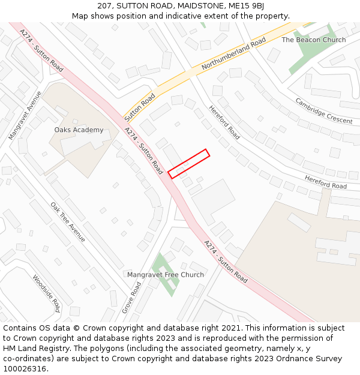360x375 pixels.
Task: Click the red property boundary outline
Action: [x=188, y=164]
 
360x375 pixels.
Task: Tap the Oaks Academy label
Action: [x=79, y=130]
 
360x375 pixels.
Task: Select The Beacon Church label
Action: [x=313, y=40]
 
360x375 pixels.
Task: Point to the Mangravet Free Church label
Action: [x=165, y=275]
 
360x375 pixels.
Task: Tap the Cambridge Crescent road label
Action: [x=323, y=111]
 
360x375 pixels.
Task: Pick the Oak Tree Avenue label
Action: [x=68, y=222]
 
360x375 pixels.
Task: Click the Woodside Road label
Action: [x=46, y=294]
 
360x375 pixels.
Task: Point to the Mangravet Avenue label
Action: [x=25, y=116]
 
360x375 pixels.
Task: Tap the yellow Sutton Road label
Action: [x=140, y=104]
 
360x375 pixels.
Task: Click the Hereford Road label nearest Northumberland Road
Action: [x=224, y=122]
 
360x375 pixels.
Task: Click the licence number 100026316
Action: [x=24, y=368]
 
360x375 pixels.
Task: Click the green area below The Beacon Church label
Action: [x=310, y=54]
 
